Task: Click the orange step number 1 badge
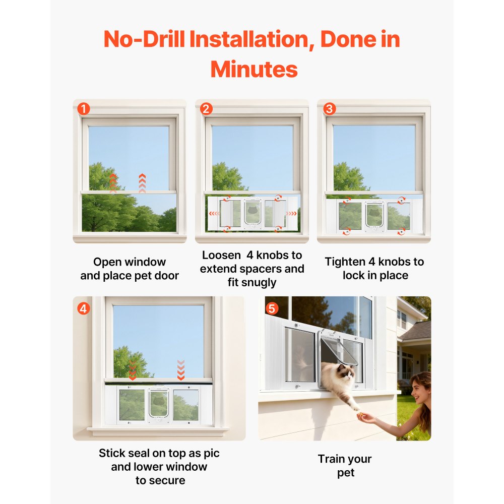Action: click(x=84, y=108)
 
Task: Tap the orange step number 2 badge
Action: click(x=206, y=108)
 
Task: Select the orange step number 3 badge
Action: click(x=329, y=108)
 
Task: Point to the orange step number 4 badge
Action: click(x=84, y=307)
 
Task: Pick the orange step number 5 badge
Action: click(x=272, y=307)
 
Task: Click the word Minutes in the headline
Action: click(x=254, y=69)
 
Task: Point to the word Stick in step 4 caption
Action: click(x=112, y=453)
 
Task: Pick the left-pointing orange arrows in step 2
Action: click(x=215, y=213)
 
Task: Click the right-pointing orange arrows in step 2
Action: click(x=291, y=213)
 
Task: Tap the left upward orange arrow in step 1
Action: click(x=113, y=182)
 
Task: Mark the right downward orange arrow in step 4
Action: click(x=181, y=370)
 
